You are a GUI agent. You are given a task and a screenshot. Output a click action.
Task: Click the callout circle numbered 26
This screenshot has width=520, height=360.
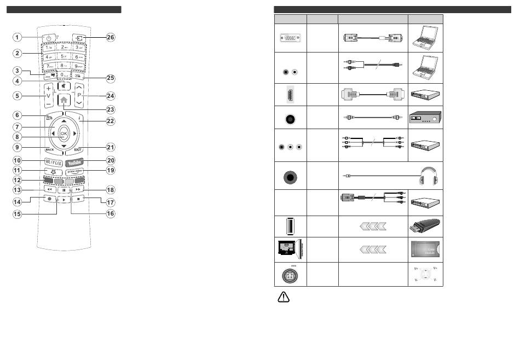tap(111, 38)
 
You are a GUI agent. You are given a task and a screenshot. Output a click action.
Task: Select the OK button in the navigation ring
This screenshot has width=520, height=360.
tap(63, 133)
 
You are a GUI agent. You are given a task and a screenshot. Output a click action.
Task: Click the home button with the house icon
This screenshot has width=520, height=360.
tap(63, 101)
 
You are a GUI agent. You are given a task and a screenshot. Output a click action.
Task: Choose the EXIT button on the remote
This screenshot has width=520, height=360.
tap(78, 149)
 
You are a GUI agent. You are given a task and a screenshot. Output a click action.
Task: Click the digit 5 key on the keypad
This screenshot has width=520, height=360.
tap(63, 56)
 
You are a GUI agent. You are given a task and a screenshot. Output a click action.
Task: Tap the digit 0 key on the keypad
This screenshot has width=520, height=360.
tap(63, 74)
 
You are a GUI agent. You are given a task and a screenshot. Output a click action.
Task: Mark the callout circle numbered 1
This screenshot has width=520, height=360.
tap(17, 38)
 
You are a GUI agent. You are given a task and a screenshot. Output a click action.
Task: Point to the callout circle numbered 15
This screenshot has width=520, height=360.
tap(17, 213)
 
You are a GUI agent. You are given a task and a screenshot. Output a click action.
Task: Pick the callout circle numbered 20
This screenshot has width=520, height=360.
tap(111, 161)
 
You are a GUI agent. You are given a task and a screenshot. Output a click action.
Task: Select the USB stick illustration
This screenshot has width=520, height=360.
tap(426, 226)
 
